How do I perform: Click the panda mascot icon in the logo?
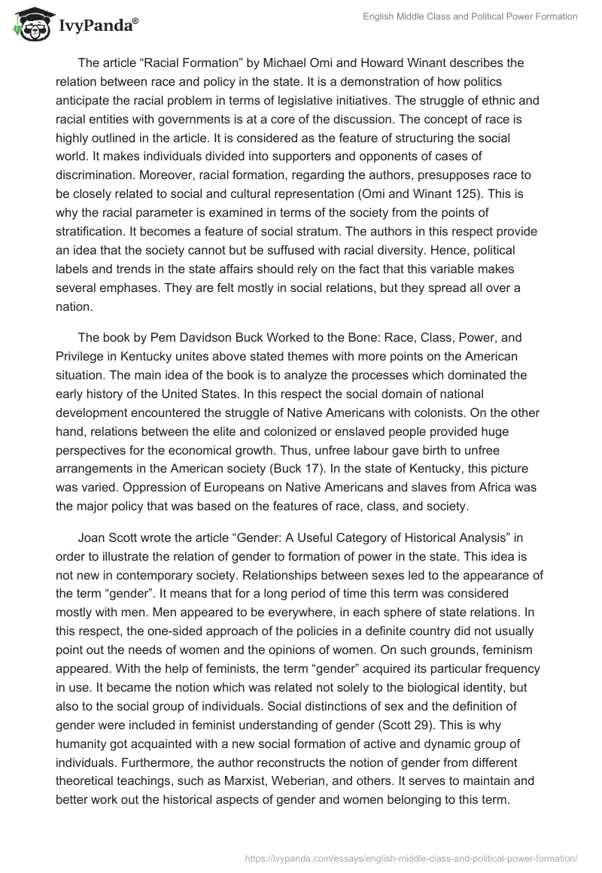click(28, 25)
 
